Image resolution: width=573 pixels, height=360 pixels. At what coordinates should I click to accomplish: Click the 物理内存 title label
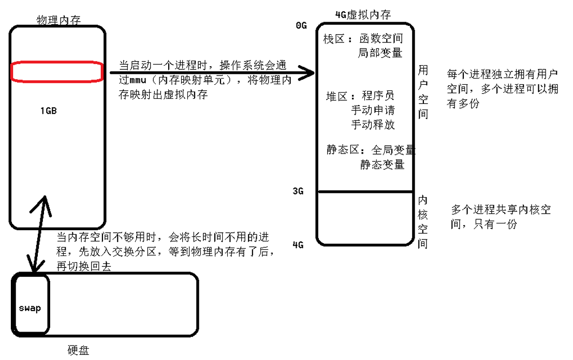pyautogui.click(x=58, y=20)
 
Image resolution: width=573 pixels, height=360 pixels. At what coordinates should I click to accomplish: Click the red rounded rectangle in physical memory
pyautogui.click(x=57, y=71)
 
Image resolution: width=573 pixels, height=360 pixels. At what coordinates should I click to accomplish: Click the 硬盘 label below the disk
pyautogui.click(x=79, y=350)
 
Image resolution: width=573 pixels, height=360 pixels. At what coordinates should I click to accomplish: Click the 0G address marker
pyautogui.click(x=301, y=26)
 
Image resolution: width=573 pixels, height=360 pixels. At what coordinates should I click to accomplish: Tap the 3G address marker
pyautogui.click(x=298, y=191)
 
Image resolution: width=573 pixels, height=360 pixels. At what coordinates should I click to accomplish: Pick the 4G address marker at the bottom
pyautogui.click(x=298, y=245)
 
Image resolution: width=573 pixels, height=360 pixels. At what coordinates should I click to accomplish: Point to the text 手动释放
pyautogui.click(x=373, y=124)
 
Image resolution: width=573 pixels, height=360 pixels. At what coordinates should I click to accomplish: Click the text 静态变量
pyautogui.click(x=383, y=164)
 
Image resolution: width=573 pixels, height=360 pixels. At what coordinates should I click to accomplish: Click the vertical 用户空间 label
pyautogui.click(x=423, y=92)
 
